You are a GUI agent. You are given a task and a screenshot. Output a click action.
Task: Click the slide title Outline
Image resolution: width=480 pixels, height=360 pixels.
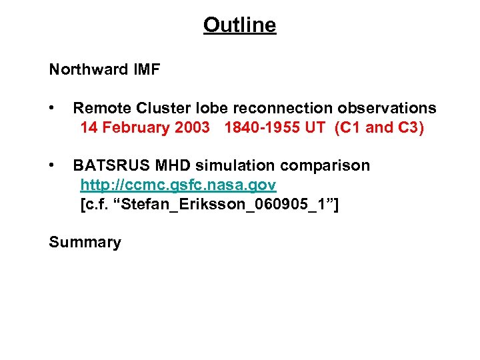(x=239, y=25)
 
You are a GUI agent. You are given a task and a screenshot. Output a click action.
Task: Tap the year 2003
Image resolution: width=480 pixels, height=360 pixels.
(x=193, y=127)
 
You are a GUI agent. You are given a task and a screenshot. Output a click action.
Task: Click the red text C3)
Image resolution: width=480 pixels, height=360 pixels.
(x=409, y=127)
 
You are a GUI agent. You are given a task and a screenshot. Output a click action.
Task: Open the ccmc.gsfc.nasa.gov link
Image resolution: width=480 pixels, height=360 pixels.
(x=178, y=185)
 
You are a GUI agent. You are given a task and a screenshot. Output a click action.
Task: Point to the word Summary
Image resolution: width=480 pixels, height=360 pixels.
(x=85, y=243)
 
